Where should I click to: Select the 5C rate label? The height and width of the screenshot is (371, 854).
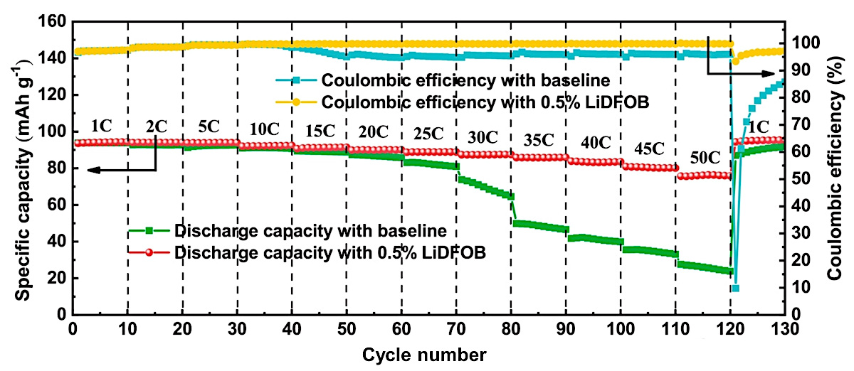pos(210,127)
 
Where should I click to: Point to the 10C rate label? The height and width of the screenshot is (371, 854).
pos(265,129)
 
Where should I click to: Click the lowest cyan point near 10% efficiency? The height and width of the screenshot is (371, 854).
pos(735,288)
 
